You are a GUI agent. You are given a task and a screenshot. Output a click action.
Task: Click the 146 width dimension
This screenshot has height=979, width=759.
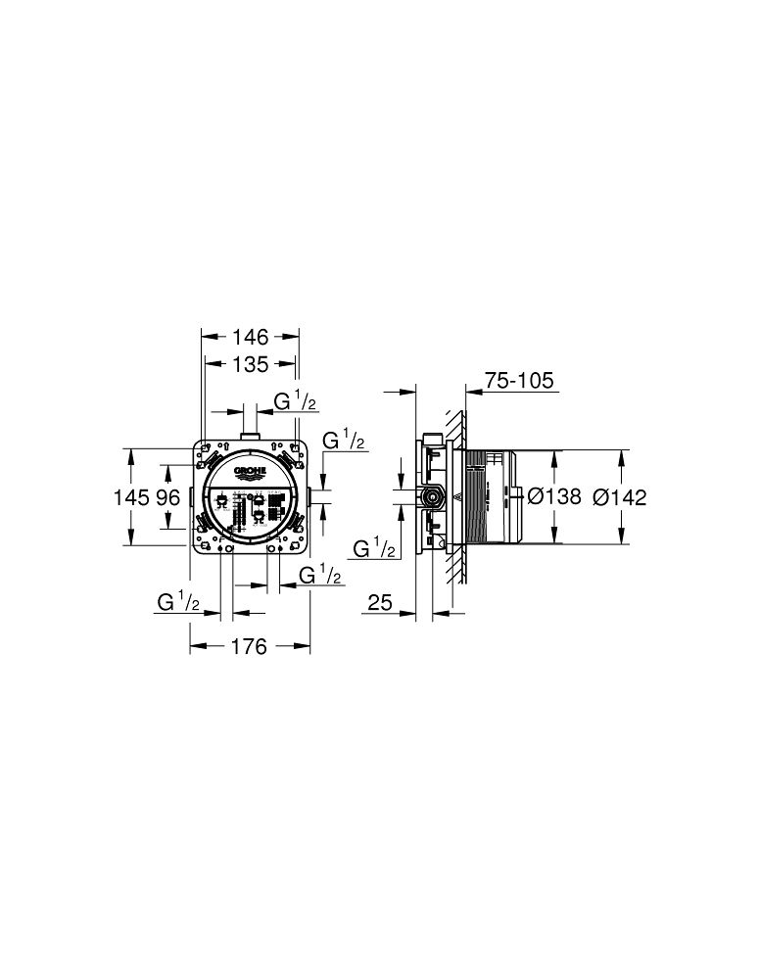tap(250, 338)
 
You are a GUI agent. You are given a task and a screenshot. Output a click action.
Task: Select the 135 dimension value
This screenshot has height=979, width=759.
tap(250, 365)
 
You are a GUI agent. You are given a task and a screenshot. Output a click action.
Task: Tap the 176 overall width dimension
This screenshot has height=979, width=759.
tap(250, 648)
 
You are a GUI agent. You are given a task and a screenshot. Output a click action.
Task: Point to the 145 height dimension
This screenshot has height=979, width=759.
tap(134, 497)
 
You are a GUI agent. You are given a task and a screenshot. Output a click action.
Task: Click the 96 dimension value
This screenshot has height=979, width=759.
tap(167, 497)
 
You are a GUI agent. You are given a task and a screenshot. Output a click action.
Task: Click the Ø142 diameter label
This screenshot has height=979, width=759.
tap(621, 497)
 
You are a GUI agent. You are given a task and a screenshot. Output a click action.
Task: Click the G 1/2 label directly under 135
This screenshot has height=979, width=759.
tap(293, 401)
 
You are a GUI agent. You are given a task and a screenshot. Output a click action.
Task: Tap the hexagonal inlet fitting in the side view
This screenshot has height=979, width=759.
tap(430, 496)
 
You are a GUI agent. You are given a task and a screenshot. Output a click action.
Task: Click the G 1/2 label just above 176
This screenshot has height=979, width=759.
tap(178, 602)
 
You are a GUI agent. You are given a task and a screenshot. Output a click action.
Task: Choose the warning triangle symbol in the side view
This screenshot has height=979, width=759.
tap(455, 497)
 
